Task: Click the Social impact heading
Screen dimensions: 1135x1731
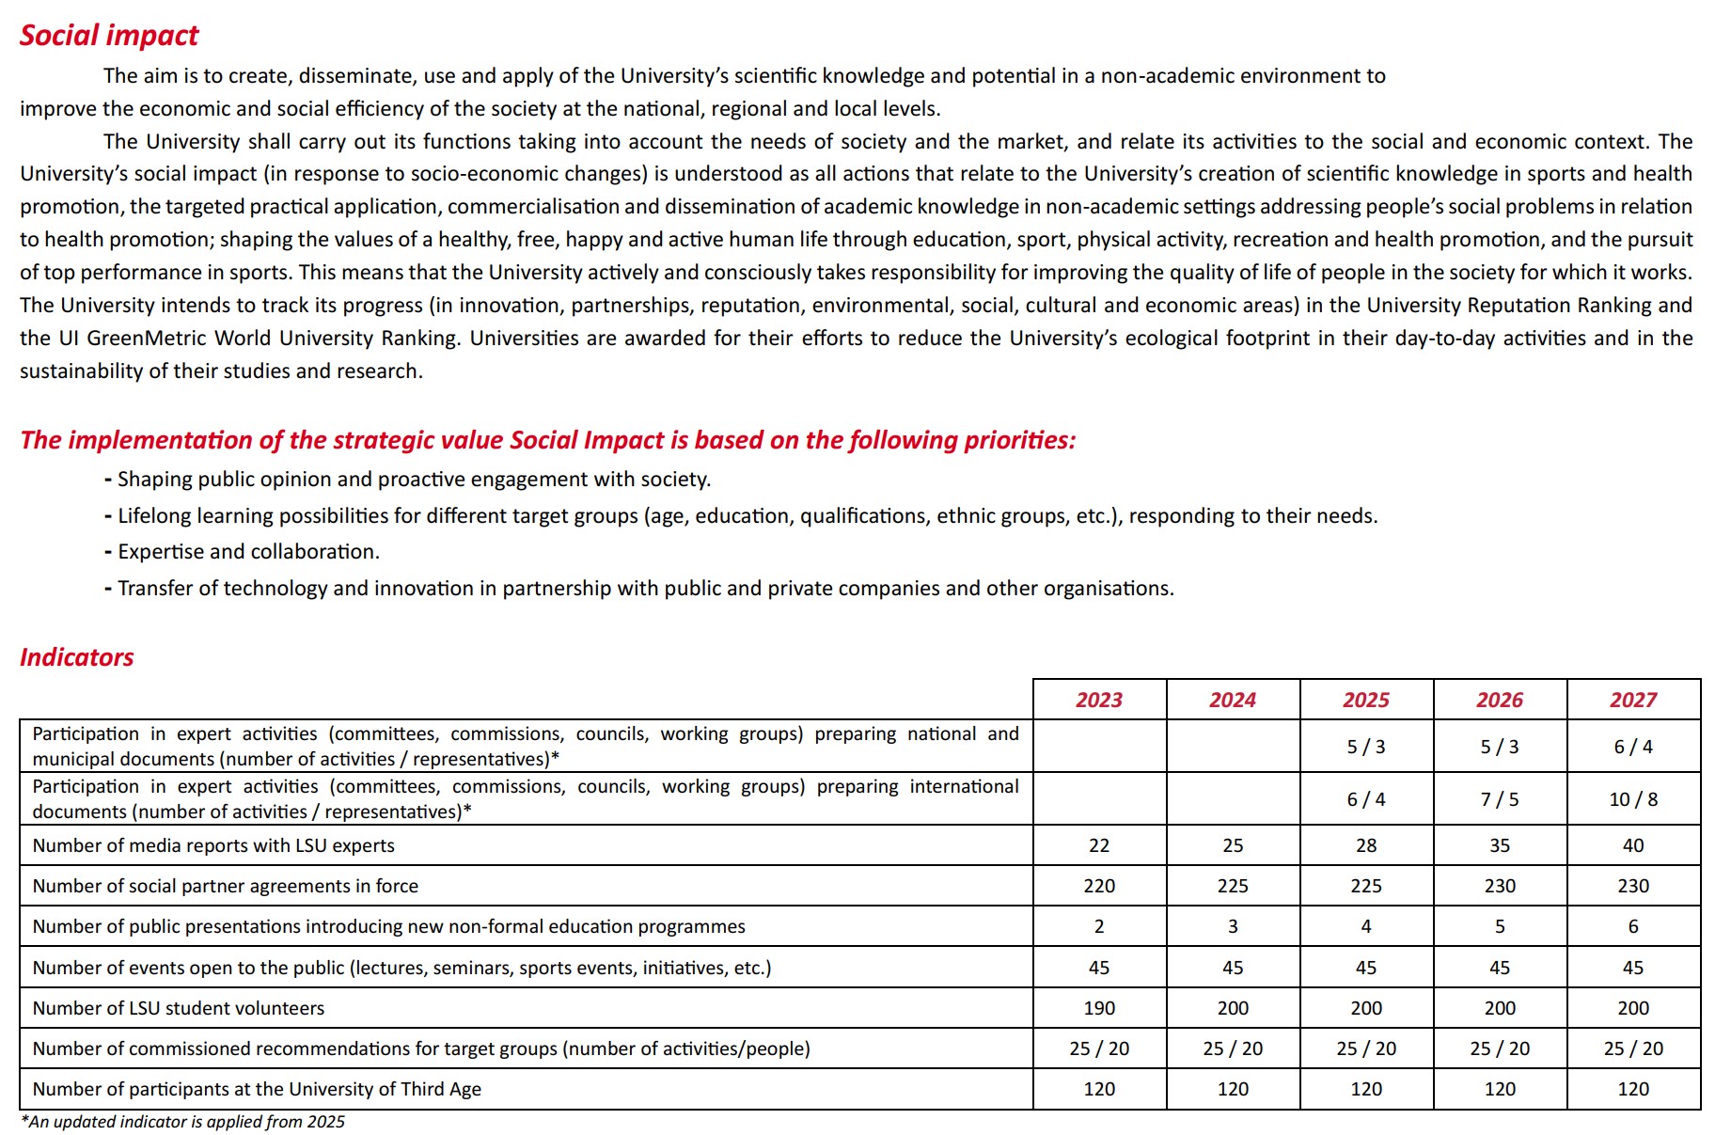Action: click(x=109, y=36)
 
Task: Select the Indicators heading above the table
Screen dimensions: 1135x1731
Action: click(x=76, y=657)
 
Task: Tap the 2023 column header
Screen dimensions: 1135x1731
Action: click(x=1099, y=700)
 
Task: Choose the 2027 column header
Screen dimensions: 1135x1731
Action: click(x=1633, y=700)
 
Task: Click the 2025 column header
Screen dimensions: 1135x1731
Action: click(x=1366, y=700)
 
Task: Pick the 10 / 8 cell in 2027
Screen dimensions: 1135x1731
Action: click(x=1633, y=799)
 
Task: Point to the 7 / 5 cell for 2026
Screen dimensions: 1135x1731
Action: click(x=1500, y=799)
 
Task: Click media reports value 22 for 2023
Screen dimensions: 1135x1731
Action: click(x=1099, y=845)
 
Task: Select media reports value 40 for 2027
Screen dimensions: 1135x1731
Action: click(x=1633, y=845)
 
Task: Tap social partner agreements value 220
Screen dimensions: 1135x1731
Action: click(x=1099, y=886)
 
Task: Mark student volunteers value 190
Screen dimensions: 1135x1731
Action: click(x=1099, y=1008)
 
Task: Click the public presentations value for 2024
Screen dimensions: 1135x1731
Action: click(x=1233, y=926)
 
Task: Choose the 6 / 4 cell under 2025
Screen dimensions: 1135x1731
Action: click(x=1366, y=799)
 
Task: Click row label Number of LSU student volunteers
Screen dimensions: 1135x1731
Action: click(x=179, y=1008)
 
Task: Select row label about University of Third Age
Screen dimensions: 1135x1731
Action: click(x=257, y=1089)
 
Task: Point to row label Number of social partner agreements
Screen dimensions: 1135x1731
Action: click(x=226, y=886)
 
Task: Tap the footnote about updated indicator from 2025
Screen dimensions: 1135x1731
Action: click(x=183, y=1122)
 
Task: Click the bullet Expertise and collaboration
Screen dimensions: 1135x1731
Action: click(x=248, y=552)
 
